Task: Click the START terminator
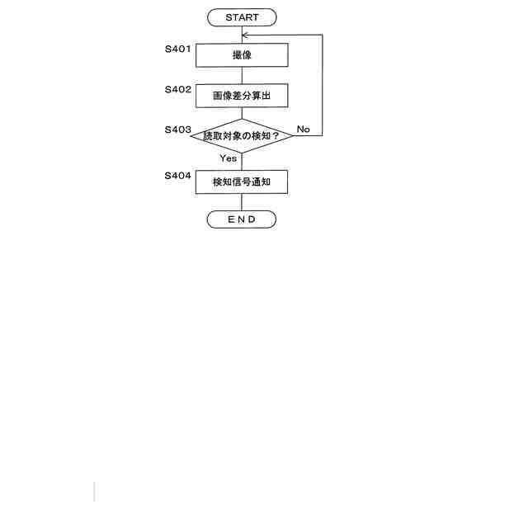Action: coord(242,17)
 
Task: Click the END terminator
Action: coord(242,219)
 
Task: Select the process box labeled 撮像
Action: coord(242,55)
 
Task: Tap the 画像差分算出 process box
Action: coord(242,96)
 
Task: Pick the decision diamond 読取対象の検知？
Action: coord(242,136)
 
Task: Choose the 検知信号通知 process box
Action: coord(242,181)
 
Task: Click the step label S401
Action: coord(178,49)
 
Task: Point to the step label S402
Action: coord(178,89)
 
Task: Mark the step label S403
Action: coord(178,130)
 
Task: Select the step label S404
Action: coord(178,176)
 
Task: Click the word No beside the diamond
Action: coord(303,130)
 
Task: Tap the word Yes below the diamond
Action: coord(229,158)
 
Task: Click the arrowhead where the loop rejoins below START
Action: coord(245,35)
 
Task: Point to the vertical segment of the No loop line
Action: coord(322,82)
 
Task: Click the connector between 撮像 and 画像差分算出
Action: coord(242,75)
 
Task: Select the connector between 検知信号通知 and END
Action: coord(242,202)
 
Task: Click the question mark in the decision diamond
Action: coord(276,136)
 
